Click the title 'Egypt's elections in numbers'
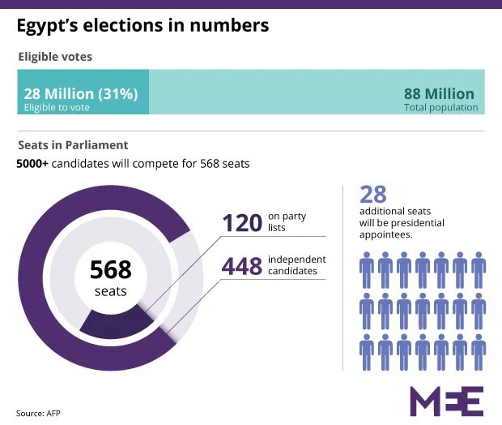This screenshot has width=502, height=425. click(143, 26)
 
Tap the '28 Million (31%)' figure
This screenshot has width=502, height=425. click(80, 93)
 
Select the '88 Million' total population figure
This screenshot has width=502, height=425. click(440, 93)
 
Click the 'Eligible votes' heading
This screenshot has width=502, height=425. click(55, 57)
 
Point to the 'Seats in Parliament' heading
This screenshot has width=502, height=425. click(73, 145)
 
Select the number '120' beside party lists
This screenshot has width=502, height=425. click(241, 221)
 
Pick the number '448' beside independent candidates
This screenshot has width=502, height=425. click(241, 265)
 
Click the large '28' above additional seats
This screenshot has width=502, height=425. click(373, 194)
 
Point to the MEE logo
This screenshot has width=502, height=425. click(446, 401)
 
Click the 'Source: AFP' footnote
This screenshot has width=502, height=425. click(38, 414)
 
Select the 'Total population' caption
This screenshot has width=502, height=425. click(440, 107)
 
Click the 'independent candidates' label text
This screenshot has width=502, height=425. click(296, 265)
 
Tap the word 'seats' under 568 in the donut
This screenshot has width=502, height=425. click(110, 290)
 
